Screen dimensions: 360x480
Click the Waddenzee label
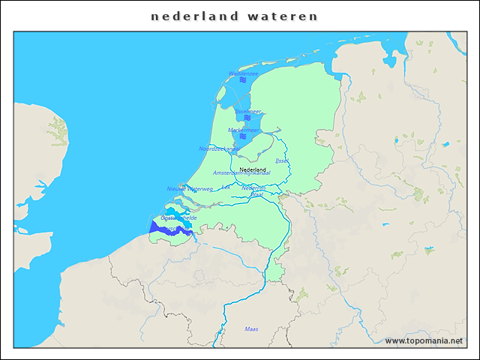[x=243, y=73]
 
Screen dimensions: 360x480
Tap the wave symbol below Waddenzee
[x=243, y=80]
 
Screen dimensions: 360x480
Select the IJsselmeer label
[x=248, y=111]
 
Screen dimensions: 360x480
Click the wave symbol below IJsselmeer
[x=247, y=118]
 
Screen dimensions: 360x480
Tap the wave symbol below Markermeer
[x=243, y=136]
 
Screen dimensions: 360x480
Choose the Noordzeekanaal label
[x=219, y=148]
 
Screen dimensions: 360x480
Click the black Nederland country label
[x=252, y=169]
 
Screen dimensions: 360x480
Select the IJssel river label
[x=282, y=160]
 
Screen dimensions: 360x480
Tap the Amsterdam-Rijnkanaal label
[x=241, y=172]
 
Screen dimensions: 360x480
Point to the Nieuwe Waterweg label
[x=190, y=189]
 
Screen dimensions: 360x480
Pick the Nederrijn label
[x=253, y=187]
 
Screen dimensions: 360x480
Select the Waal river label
[x=257, y=194]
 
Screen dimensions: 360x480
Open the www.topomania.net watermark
[x=424, y=341]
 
